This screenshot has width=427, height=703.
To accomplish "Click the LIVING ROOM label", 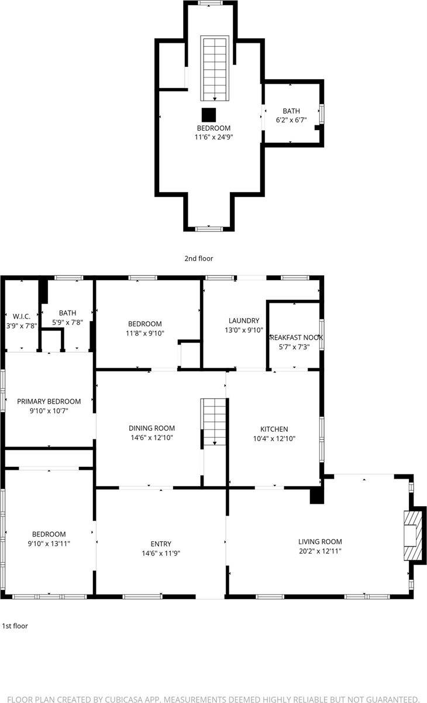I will tap(320, 542).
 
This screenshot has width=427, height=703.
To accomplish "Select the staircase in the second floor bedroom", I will tap(213, 69).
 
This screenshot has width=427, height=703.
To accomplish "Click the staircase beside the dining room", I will tap(214, 422).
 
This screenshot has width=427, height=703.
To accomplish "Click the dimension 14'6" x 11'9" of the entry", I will tap(160, 553).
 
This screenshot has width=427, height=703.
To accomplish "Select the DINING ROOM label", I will tap(151, 428).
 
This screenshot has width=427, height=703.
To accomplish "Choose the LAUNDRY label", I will tap(243, 320).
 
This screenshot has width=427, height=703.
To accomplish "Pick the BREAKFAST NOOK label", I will tap(295, 338).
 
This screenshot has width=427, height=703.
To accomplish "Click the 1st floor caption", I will tap(15, 626).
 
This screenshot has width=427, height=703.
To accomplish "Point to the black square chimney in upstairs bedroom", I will tap(209, 114).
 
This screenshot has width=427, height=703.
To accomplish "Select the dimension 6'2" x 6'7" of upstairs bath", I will tap(291, 120).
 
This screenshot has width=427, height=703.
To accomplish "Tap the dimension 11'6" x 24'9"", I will tap(213, 137).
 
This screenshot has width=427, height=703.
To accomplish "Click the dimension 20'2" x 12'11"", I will tap(320, 551).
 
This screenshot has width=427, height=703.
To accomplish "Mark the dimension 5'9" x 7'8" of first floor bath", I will tap(67, 322).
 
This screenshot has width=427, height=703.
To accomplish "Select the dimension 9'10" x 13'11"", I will tap(49, 544).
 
